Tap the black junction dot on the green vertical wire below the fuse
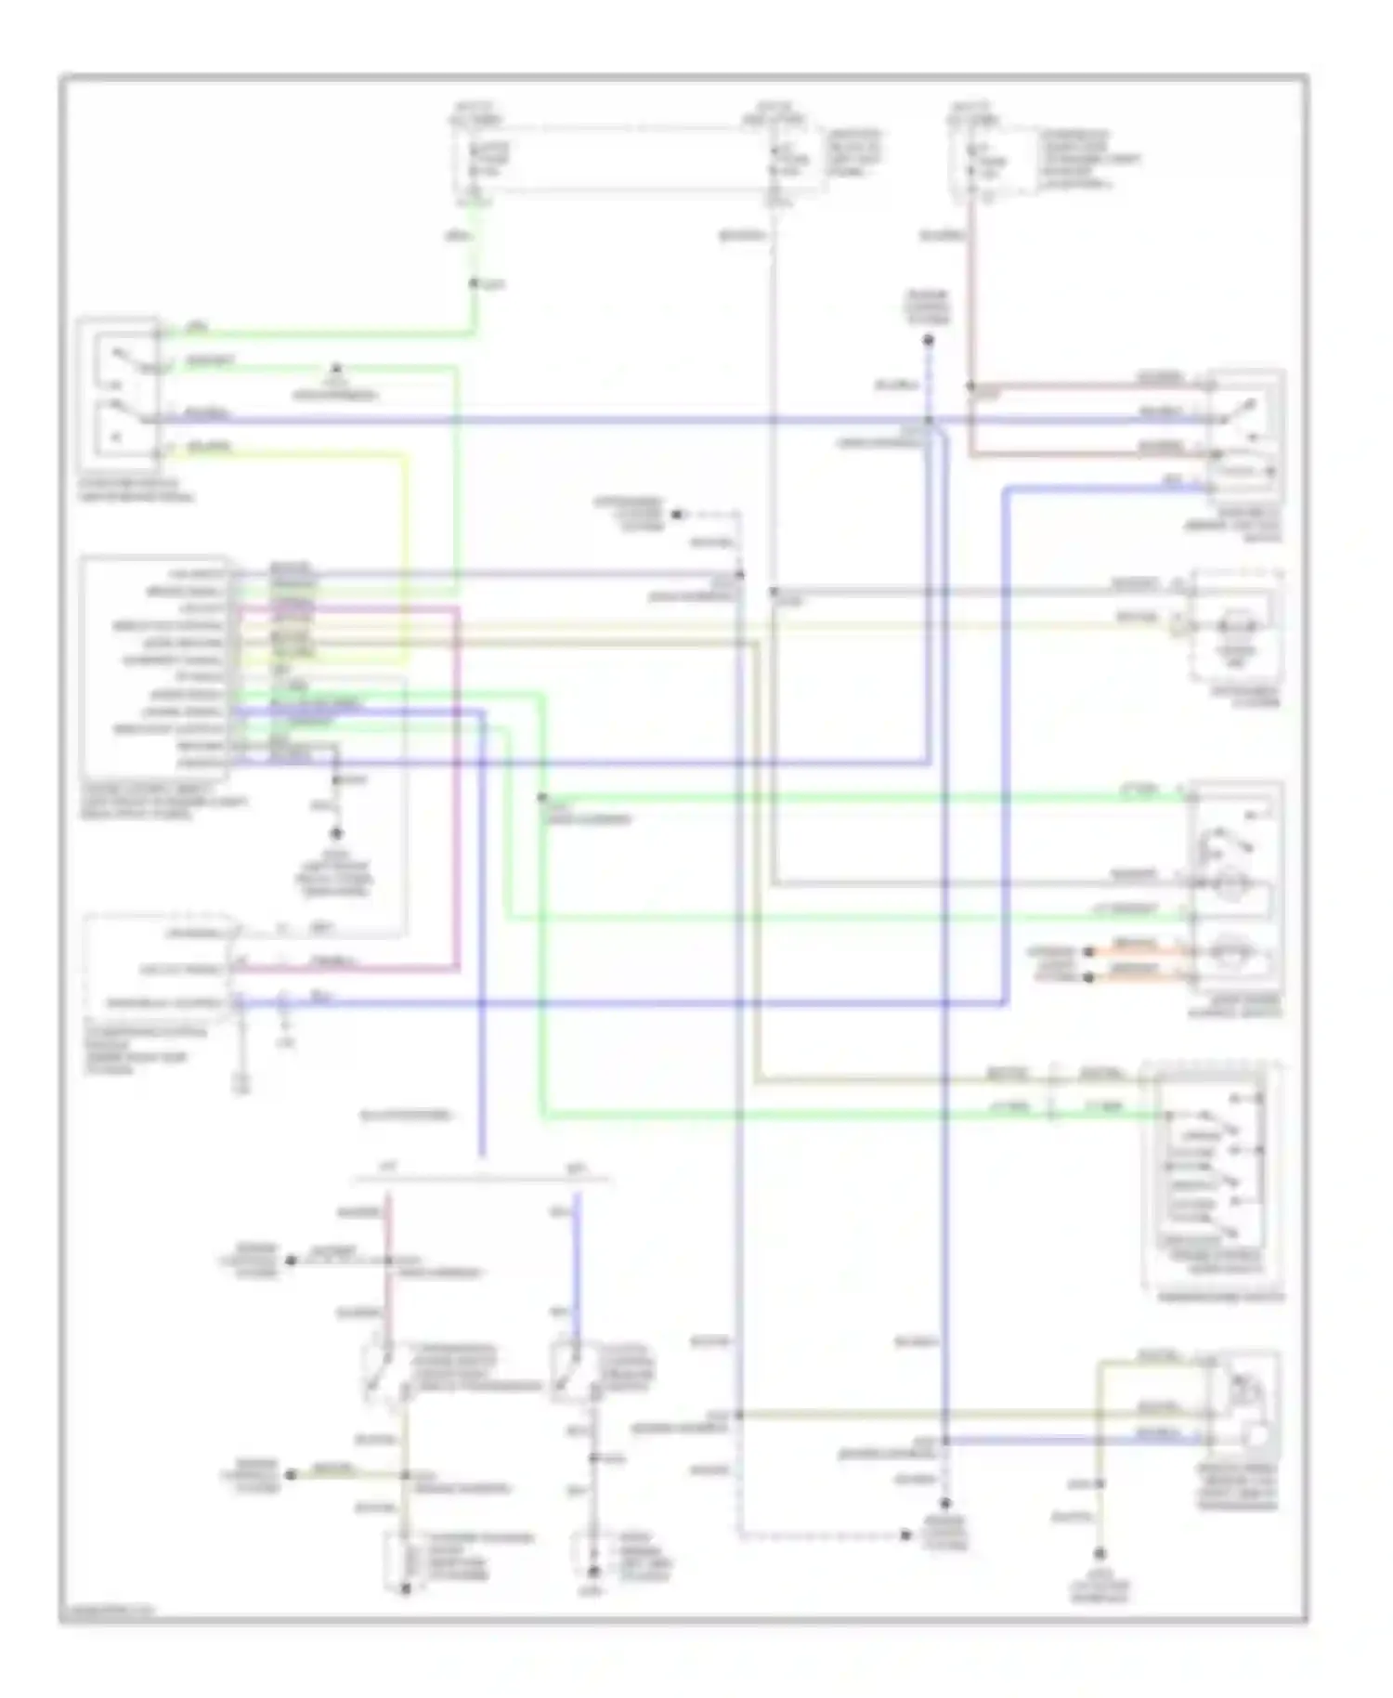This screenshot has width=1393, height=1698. [x=475, y=283]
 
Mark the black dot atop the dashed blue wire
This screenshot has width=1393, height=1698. [x=928, y=341]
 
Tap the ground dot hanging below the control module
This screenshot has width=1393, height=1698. [x=337, y=833]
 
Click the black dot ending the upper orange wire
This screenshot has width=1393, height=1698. [x=1088, y=952]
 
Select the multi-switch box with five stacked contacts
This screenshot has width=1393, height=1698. [x=1213, y=1174]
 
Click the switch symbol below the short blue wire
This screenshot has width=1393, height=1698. [x=568, y=1371]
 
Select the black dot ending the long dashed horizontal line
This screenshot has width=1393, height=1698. [x=905, y=1535]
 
